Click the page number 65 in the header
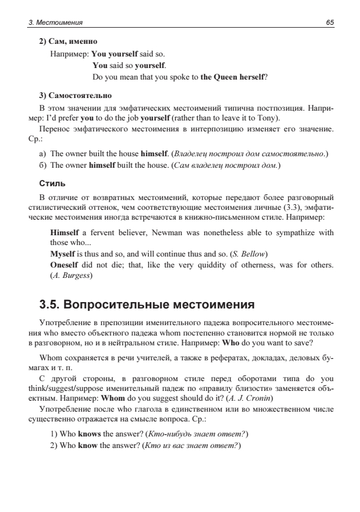pos(329,22)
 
